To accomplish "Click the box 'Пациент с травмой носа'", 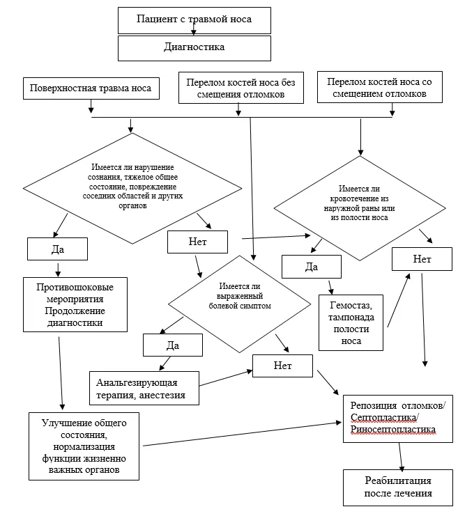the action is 194,20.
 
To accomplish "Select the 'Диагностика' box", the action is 194,48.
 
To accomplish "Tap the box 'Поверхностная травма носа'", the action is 91,88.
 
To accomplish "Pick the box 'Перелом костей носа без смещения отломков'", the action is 241,88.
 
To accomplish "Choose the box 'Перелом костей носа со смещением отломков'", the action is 380,87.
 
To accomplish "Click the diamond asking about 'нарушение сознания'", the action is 132,188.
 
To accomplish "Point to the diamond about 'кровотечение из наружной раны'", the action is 360,208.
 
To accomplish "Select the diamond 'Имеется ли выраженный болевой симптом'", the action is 240,304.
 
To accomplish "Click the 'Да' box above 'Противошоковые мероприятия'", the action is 57,249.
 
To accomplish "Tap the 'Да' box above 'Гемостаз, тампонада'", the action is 312,267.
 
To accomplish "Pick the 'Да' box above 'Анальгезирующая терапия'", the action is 173,345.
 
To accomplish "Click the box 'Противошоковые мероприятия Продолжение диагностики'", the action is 75,305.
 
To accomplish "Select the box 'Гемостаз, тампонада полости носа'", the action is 351,323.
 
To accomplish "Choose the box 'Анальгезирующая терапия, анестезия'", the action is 144,389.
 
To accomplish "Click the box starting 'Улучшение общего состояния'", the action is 84,446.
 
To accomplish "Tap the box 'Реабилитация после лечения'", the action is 398,487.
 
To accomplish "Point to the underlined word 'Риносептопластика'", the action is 393,430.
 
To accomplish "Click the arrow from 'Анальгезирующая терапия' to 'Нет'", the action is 226,378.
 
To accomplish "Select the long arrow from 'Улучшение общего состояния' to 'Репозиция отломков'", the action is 243,434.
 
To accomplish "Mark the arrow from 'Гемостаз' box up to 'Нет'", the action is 399,300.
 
